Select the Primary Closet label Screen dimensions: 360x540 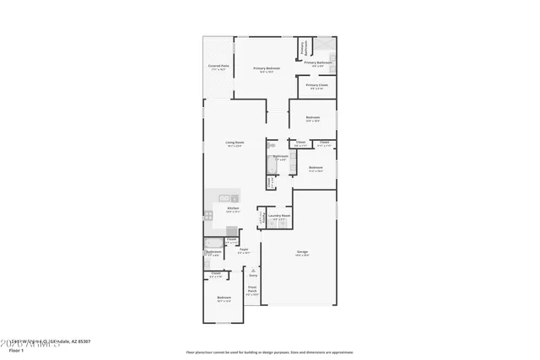click(x=317, y=85)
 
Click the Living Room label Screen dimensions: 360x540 click(x=235, y=142)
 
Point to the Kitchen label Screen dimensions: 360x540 click(x=233, y=208)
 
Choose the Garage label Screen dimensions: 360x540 click(x=301, y=251)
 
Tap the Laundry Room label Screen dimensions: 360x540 click(x=279, y=216)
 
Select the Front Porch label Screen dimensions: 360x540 click(x=251, y=292)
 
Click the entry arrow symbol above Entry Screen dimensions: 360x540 click(x=252, y=269)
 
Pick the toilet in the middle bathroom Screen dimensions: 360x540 click(x=273, y=146)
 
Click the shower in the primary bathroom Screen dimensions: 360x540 click(x=326, y=44)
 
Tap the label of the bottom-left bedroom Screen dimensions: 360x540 click(x=224, y=298)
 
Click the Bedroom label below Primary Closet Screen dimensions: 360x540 click(x=312, y=117)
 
